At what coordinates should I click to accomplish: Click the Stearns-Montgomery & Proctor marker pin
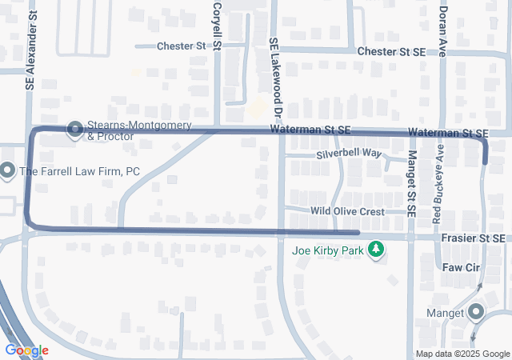(x=76, y=128)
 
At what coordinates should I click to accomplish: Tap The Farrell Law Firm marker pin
(x=8, y=170)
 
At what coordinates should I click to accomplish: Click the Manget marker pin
(x=477, y=311)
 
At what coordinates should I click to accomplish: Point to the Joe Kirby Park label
(x=327, y=250)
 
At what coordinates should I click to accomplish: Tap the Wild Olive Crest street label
(x=348, y=211)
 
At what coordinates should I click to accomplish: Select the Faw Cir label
(x=459, y=269)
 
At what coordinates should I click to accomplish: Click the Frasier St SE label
(x=473, y=238)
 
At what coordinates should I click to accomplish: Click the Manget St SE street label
(x=412, y=183)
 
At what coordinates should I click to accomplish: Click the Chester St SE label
(x=392, y=51)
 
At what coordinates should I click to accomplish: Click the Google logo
(x=26, y=350)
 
